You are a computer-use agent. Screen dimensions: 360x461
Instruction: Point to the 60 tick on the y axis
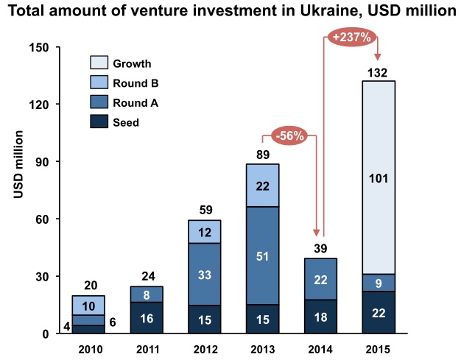(41, 219)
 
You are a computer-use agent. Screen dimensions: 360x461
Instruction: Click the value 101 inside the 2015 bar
(379, 177)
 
